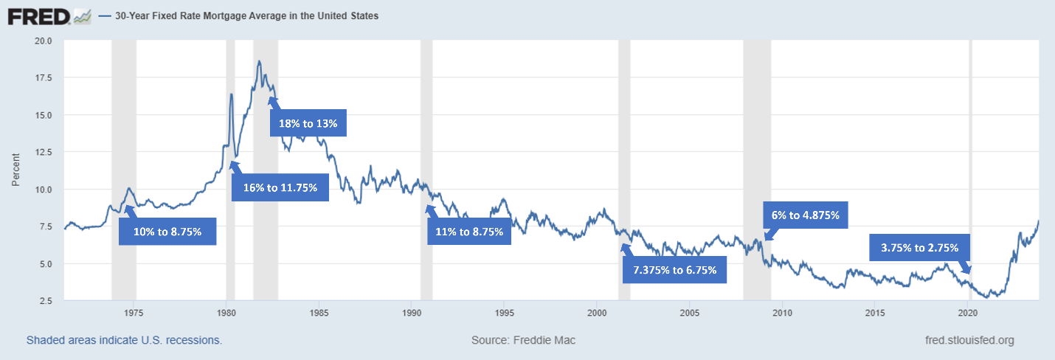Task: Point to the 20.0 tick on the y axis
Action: [44, 41]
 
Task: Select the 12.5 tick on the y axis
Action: [44, 152]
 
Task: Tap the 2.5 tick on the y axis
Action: [46, 301]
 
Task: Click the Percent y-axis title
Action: [15, 170]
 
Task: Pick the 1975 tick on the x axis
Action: [134, 313]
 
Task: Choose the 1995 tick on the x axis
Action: [504, 313]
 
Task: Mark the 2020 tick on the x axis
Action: [967, 313]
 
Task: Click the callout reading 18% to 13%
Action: [308, 124]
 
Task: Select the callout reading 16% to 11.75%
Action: [280, 187]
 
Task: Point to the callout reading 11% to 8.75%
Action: [469, 232]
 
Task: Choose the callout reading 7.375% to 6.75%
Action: [675, 269]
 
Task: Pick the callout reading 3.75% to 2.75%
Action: [919, 248]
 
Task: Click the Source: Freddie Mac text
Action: [523, 340]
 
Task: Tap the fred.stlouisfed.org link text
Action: [969, 340]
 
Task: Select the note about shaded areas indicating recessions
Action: [124, 340]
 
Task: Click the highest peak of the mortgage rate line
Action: [259, 61]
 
